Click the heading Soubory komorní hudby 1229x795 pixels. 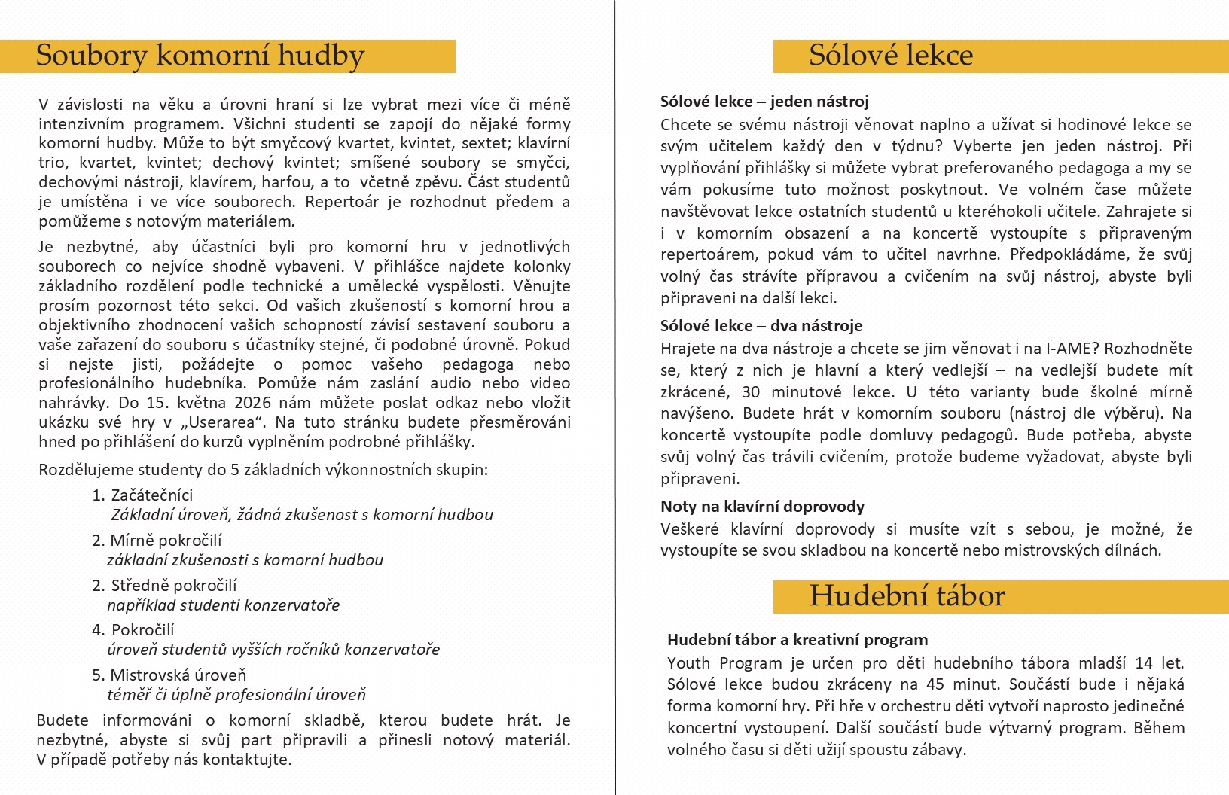pyautogui.click(x=200, y=56)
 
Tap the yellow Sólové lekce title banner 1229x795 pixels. pyautogui.click(x=891, y=56)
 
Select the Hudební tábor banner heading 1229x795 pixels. pyautogui.click(x=907, y=596)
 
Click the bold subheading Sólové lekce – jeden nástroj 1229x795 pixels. pyautogui.click(x=764, y=102)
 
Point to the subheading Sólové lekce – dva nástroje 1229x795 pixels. pyautogui.click(x=761, y=326)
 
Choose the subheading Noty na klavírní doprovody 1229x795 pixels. pyautogui.click(x=762, y=507)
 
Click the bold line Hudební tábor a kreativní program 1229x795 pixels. pyautogui.click(x=797, y=640)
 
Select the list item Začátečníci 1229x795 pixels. pyautogui.click(x=151, y=495)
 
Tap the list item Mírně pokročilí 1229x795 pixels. pyautogui.click(x=165, y=541)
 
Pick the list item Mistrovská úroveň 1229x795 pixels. pyautogui.click(x=178, y=675)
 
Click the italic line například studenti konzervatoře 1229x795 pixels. pyautogui.click(x=223, y=605)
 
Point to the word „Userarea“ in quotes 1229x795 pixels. pyautogui.click(x=236, y=422)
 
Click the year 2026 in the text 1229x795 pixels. pyautogui.click(x=252, y=403)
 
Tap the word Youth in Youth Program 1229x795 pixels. pyautogui.click(x=688, y=663)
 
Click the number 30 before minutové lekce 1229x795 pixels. pyautogui.click(x=750, y=392)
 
